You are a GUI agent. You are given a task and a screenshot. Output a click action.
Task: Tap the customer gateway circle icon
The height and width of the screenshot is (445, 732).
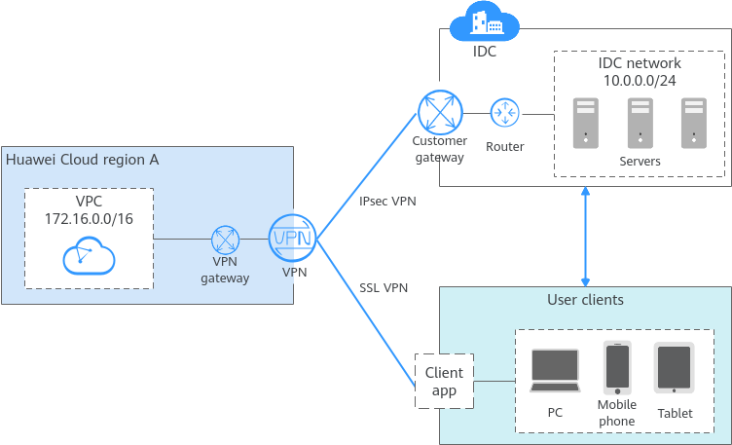439,112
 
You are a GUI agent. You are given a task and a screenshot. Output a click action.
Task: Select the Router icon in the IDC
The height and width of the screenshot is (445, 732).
504,113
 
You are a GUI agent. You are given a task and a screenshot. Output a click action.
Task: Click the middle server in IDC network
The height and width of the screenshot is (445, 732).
640,122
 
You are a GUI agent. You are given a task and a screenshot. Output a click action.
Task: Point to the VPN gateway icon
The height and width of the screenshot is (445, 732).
226,240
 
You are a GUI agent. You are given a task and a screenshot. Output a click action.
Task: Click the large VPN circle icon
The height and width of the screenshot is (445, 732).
292,239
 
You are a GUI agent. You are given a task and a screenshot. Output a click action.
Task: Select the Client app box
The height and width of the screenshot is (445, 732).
443,381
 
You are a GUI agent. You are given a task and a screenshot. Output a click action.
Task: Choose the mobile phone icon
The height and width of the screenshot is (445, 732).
617,367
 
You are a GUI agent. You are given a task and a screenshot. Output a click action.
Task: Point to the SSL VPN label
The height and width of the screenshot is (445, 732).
384,287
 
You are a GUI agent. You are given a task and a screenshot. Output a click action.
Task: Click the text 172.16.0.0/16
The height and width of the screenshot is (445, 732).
89,219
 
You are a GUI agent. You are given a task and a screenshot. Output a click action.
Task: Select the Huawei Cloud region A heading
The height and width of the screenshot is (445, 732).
82,160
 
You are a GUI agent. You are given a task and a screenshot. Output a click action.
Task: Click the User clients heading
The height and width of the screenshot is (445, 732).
585,299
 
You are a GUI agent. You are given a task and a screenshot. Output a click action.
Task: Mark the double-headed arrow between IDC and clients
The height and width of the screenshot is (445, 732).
585,233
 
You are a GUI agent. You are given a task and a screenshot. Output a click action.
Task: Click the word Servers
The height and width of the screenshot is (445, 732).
640,161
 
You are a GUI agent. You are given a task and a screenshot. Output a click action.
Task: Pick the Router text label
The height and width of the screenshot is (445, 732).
504,146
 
